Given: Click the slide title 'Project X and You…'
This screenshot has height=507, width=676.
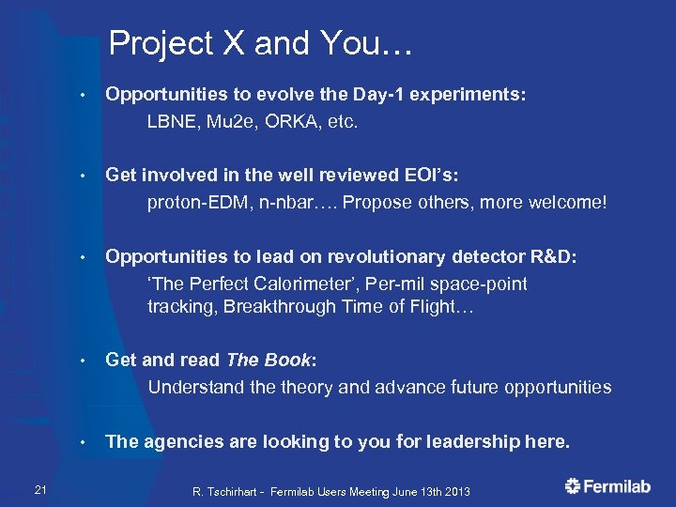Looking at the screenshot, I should tap(261, 42).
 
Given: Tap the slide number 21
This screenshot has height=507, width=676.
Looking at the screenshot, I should tap(39, 486).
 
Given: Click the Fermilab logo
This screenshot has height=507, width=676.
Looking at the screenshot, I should tap(609, 486).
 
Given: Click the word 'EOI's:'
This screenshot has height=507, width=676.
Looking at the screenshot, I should tap(432, 176).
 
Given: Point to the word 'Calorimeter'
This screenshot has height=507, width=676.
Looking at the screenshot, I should tap(289, 284).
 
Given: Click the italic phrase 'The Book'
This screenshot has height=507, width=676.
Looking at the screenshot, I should tap(268, 360).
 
